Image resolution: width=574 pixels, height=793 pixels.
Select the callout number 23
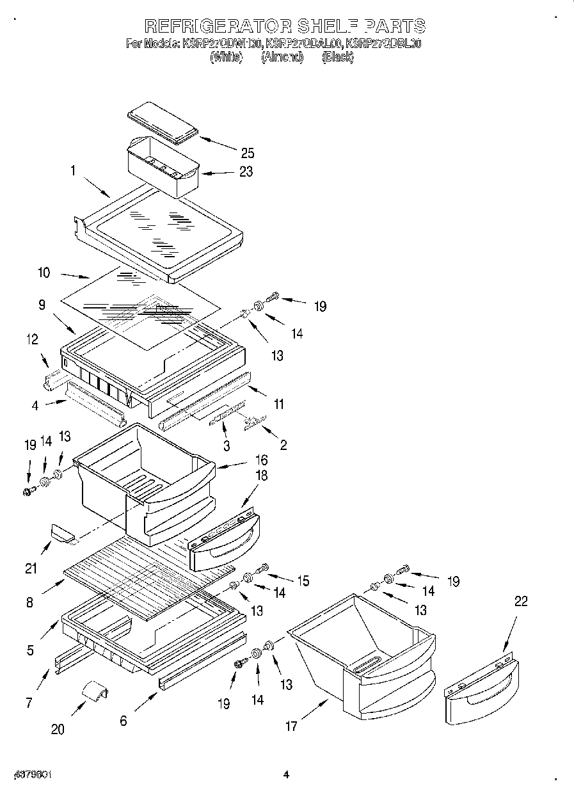(x=246, y=172)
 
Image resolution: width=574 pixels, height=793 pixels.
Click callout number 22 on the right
(x=522, y=601)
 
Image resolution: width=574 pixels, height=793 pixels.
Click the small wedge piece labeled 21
(x=61, y=532)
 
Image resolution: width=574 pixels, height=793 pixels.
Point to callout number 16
(x=261, y=460)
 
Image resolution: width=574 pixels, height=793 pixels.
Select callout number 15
(x=303, y=581)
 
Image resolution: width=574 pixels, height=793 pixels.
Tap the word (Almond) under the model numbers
(x=282, y=57)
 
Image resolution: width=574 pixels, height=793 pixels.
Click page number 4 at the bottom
(x=287, y=775)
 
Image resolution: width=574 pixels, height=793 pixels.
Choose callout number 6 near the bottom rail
(x=123, y=721)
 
